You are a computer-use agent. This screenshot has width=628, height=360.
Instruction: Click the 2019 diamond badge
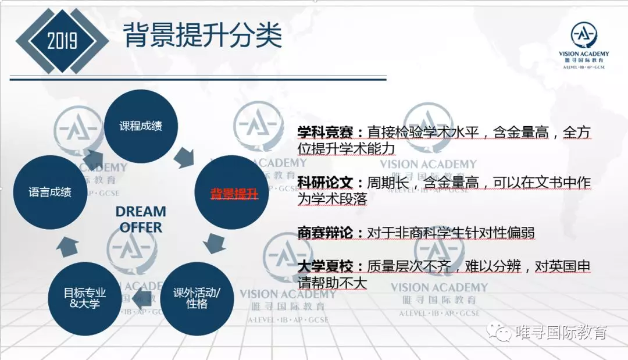click(62, 41)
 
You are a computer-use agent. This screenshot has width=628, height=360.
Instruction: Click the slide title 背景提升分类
click(203, 35)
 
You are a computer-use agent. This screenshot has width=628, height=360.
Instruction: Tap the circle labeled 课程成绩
click(141, 126)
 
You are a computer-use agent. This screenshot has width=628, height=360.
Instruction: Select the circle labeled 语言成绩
click(50, 193)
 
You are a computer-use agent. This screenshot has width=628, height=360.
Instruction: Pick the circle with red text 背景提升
click(231, 193)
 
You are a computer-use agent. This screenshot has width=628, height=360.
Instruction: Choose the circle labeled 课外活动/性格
click(197, 299)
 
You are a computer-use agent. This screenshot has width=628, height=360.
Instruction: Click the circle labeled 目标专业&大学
click(84, 299)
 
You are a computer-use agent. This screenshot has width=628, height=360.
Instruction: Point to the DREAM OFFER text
click(141, 219)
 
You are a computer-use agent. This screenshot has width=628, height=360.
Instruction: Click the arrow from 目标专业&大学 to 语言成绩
click(67, 247)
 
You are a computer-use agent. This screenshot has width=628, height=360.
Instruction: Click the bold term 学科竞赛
click(325, 132)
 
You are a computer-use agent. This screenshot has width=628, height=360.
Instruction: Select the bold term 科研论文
click(325, 183)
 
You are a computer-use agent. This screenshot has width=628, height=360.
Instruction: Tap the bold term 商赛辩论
click(325, 233)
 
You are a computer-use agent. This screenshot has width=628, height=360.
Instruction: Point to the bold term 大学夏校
click(325, 266)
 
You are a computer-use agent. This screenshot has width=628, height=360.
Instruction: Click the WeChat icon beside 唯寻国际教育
click(499, 332)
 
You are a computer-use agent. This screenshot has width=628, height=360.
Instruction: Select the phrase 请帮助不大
click(333, 283)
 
